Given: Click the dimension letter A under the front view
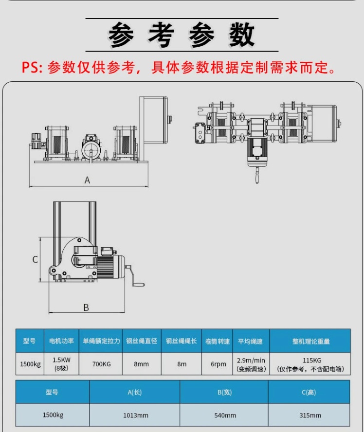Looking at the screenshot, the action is (x=87, y=180).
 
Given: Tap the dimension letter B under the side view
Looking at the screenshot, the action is (x=86, y=307).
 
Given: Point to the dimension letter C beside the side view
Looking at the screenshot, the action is (x=35, y=259).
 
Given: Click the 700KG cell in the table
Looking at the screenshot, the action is (x=101, y=364).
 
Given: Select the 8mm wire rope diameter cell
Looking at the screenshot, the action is (x=141, y=364).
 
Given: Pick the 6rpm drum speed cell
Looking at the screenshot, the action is (x=218, y=364).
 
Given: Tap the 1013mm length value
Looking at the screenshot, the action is (x=136, y=415).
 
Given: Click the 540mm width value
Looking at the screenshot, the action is (x=225, y=415).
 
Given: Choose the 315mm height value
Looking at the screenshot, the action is (x=310, y=415).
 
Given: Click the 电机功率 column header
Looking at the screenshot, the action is (x=61, y=341).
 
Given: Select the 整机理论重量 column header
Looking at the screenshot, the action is (x=311, y=342).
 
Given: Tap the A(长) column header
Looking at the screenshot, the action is (x=134, y=392).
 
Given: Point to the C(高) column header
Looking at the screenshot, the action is (x=309, y=392).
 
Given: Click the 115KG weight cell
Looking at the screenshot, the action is (x=310, y=364).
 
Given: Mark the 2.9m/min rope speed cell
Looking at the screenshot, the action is (x=251, y=364).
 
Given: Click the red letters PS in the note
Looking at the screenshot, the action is (x=32, y=67).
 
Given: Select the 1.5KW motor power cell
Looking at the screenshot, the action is (x=61, y=364).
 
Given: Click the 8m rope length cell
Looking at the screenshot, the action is (x=182, y=364).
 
